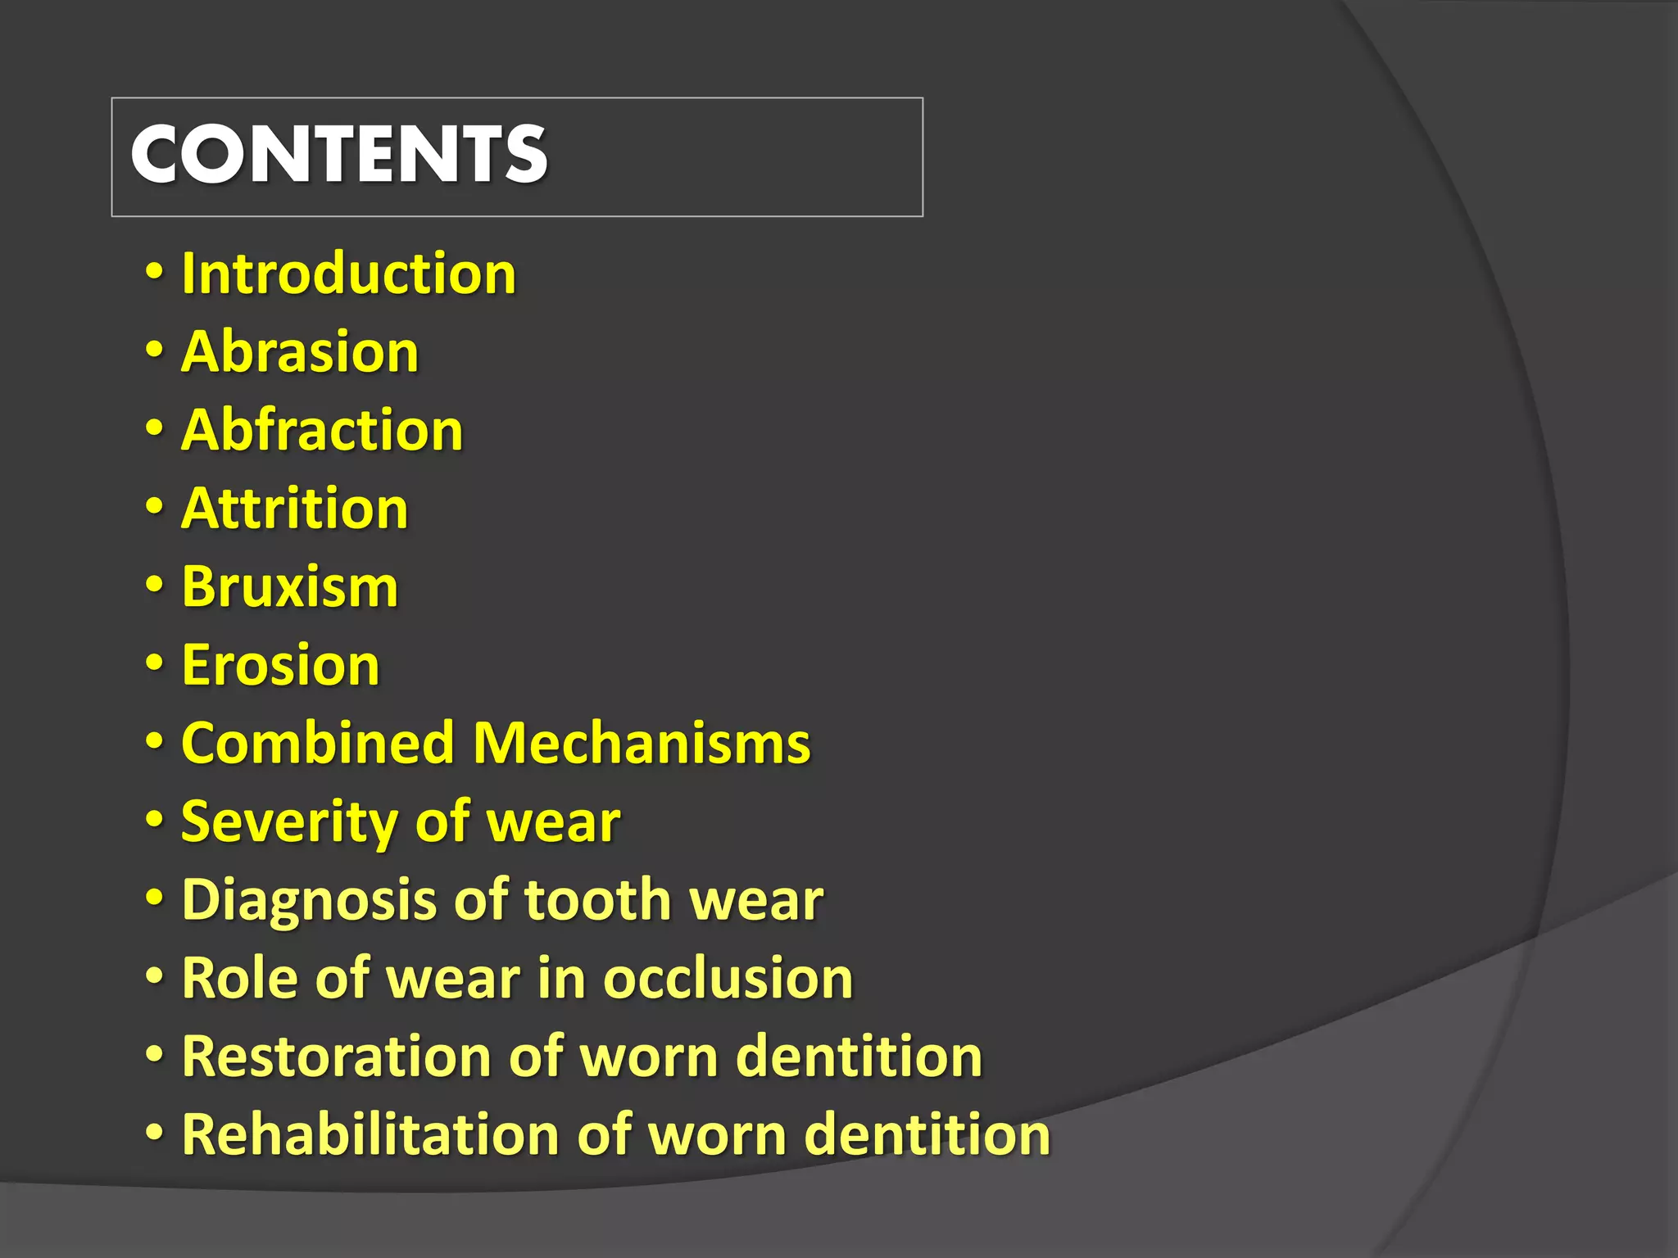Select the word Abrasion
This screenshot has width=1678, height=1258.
pos(300,351)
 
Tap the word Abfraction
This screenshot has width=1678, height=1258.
pos(322,430)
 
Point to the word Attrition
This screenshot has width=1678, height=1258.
pos(295,509)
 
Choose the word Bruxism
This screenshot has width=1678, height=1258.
pos(290,586)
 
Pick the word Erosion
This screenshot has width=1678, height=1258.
pos(280,664)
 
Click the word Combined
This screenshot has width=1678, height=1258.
pos(318,743)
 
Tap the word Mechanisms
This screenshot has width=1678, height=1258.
pos(642,743)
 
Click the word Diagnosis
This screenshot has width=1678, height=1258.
pos(308,900)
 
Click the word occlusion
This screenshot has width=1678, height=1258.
pos(728,978)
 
